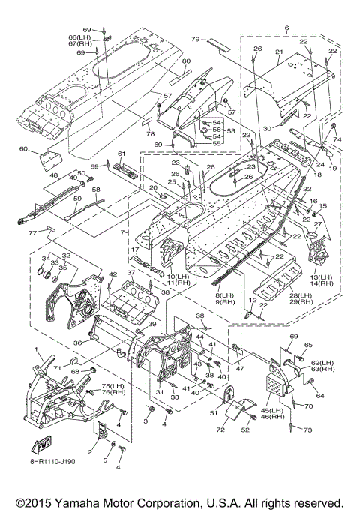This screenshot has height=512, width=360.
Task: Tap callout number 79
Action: pos(195,40)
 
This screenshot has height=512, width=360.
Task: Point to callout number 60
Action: pos(23,149)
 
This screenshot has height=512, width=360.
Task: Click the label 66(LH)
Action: pos(79,37)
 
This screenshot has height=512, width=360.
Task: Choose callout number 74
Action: pos(337,139)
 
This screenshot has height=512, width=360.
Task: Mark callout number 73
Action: pos(307,430)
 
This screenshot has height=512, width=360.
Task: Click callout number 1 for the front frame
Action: pos(37,349)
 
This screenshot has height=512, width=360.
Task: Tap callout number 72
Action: pos(220,430)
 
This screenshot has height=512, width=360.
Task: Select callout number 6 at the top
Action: pos(286,28)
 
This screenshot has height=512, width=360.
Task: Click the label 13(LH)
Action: pos(321,277)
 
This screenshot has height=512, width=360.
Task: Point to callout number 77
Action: pos(32,233)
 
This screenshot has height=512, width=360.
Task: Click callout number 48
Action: pos(54,176)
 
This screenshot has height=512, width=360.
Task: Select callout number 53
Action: pos(231,131)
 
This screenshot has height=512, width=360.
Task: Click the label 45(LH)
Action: pos(273,411)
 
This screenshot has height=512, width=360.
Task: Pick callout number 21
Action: pos(279,52)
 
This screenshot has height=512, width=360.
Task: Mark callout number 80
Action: pos(186,61)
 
